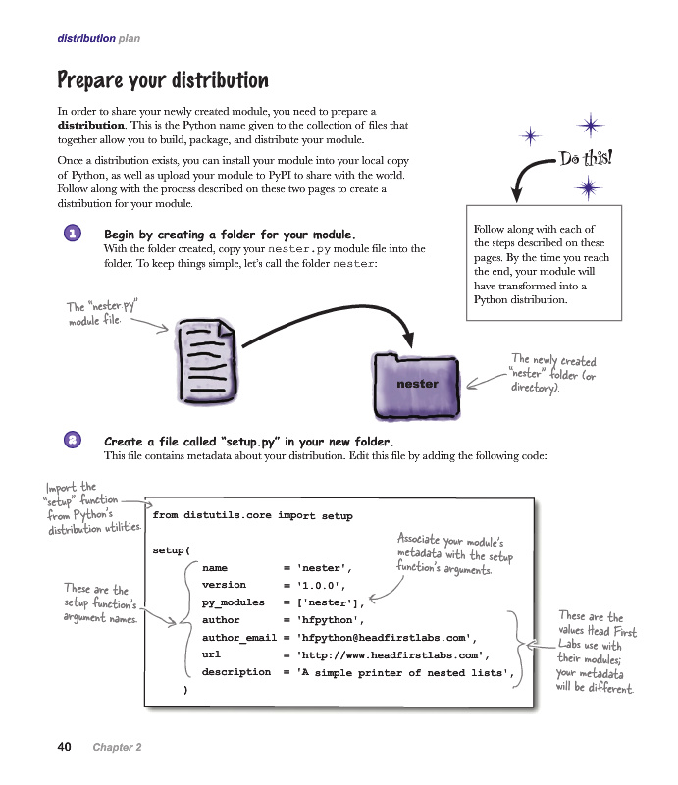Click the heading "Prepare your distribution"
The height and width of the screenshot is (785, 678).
163,79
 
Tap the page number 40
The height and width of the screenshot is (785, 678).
64,747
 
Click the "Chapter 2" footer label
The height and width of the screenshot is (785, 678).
117,748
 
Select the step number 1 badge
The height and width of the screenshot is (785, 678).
72,235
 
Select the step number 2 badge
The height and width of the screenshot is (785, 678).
72,441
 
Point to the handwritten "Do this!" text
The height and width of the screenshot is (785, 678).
586,158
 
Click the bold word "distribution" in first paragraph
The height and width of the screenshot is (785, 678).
90,126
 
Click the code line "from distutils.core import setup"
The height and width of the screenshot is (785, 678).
252,515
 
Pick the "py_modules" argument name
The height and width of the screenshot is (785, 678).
233,602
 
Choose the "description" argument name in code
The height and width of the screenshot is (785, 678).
235,672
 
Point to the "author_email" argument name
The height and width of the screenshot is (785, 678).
238,638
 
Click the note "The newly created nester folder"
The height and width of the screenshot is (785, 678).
552,374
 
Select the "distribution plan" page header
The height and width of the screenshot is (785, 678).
98,39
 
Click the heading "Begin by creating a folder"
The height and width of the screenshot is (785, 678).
230,235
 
